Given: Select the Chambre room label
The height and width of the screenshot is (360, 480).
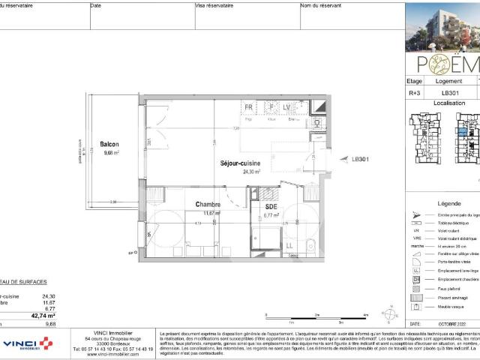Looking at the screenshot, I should (x=207, y=205).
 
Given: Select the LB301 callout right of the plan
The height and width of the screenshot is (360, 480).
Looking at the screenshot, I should (x=361, y=159).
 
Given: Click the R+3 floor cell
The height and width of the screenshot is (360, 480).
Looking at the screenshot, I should (x=413, y=94).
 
